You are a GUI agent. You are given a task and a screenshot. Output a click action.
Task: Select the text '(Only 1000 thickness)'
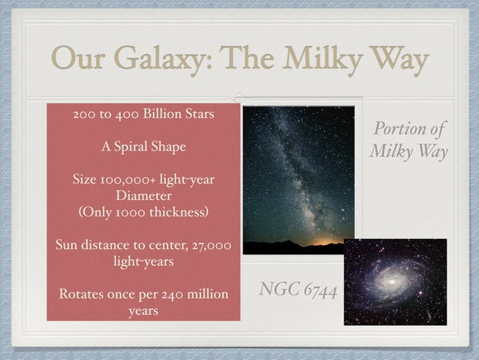pyautogui.click(x=143, y=211)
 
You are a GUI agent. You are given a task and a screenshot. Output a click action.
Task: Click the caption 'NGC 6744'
pyautogui.click(x=297, y=289)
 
